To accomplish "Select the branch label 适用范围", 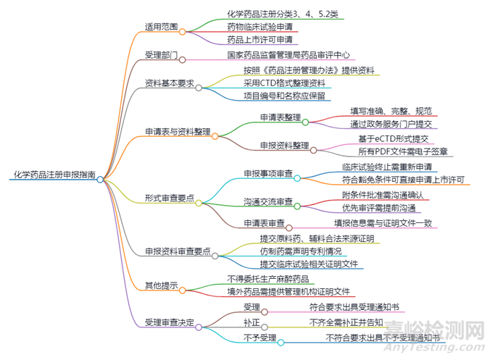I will pyautogui.click(x=162, y=27).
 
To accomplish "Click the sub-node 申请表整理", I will pyautogui.click(x=281, y=117).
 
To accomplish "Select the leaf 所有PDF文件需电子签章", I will pyautogui.click(x=403, y=151).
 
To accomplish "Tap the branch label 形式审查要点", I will pyautogui.click(x=170, y=199).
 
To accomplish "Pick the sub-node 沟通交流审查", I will pyautogui.click(x=268, y=201).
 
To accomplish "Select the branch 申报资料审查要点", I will pyautogui.click(x=178, y=251).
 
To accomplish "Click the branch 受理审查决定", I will pyautogui.click(x=170, y=322).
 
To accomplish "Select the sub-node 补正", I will pyautogui.click(x=252, y=322).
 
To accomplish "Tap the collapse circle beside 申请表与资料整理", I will pyautogui.click(x=215, y=135).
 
